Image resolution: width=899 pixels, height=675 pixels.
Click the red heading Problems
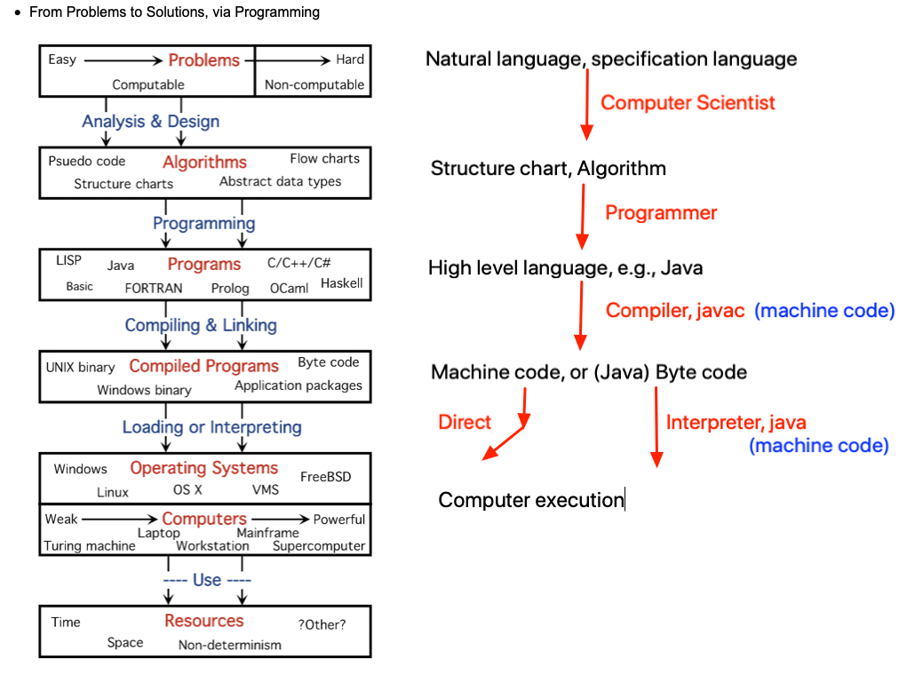point(204,60)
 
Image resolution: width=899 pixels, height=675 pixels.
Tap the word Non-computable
point(314,85)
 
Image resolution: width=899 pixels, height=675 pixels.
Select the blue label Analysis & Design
point(150,122)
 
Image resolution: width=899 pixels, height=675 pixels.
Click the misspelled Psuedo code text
point(86,161)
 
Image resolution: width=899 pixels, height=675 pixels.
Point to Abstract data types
point(280,181)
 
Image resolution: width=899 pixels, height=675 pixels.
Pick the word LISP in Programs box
point(68,260)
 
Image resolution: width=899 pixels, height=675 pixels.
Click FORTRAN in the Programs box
point(154,288)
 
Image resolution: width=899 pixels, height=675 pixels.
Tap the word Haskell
point(342,283)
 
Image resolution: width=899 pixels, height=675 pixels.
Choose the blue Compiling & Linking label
point(201,325)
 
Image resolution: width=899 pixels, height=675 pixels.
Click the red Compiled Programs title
point(203,366)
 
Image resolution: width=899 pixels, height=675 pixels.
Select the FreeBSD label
point(325,477)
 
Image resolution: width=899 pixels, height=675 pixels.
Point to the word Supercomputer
point(319,546)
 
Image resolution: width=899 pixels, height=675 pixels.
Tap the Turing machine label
point(90,546)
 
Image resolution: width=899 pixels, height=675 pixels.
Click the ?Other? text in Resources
point(322,624)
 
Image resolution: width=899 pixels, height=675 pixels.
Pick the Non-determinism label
point(230,645)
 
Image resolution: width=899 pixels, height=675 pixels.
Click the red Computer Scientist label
point(688,103)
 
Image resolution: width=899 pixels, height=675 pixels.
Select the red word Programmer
point(661,213)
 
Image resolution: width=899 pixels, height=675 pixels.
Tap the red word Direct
point(465,423)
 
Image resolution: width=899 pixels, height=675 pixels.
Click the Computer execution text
point(531,500)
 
